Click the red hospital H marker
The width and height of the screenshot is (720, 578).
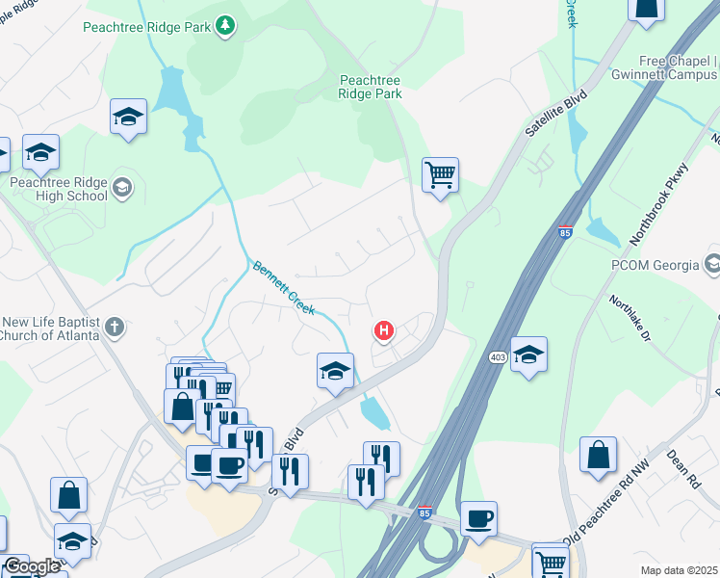(x=384, y=332)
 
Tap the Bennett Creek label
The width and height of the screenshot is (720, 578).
(x=285, y=288)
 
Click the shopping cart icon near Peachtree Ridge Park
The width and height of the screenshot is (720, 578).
(x=440, y=176)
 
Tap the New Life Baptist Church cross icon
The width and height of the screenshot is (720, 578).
(x=114, y=327)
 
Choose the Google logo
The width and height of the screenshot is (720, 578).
(x=32, y=566)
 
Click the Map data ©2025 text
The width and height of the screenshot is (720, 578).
(x=679, y=570)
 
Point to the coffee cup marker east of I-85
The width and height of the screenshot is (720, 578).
(x=478, y=519)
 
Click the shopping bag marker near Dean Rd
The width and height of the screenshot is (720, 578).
(x=598, y=456)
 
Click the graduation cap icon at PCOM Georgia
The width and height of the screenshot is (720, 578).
(x=712, y=263)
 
